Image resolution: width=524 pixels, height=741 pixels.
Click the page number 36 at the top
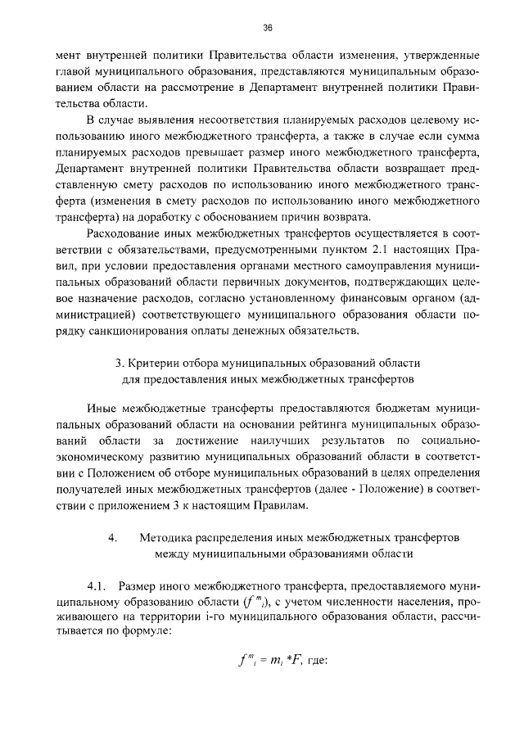tap(268, 28)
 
